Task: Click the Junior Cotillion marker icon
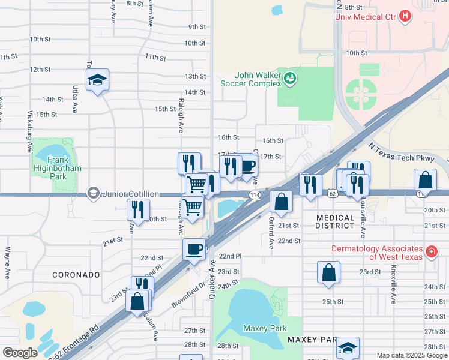point(93,193)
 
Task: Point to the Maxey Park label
point(265,328)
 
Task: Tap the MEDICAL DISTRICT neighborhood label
point(336,221)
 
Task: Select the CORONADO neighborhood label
point(76,275)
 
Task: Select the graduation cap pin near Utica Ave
point(97,80)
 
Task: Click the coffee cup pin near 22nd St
point(194,248)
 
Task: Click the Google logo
point(20,353)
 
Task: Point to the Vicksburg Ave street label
point(29,130)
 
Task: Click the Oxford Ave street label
point(271,233)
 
